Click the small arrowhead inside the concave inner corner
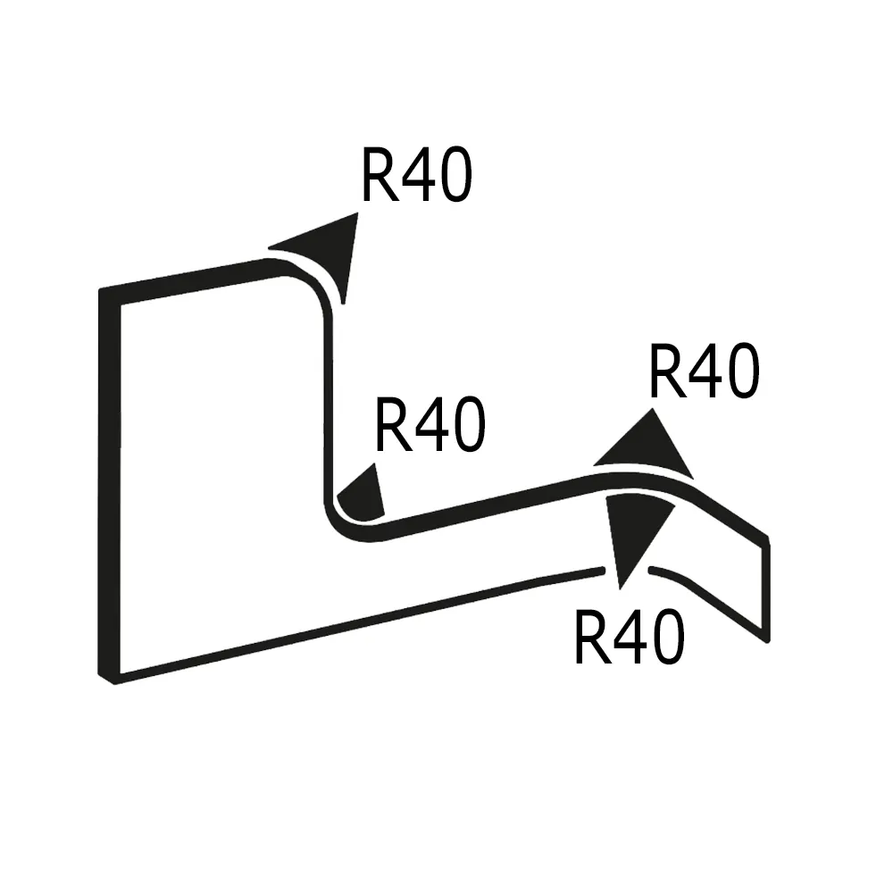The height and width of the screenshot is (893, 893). click(363, 497)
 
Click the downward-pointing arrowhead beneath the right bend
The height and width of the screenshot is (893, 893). click(635, 532)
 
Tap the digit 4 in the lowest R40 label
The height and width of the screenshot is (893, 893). click(629, 638)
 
